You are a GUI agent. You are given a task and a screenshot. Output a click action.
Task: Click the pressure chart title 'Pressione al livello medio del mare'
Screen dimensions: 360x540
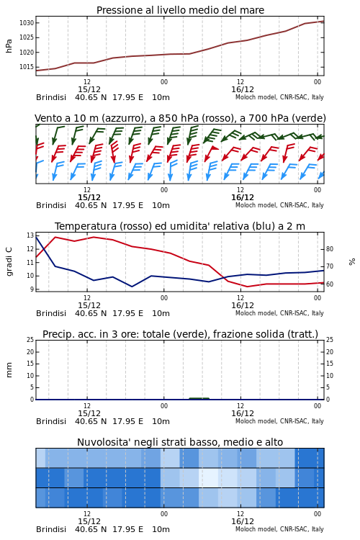point(180,10)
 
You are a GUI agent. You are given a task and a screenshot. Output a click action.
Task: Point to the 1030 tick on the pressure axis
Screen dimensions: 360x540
point(27,23)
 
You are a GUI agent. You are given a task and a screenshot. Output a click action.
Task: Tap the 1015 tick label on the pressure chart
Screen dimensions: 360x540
point(27,67)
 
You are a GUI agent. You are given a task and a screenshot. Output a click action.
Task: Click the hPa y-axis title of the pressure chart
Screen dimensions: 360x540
point(9,46)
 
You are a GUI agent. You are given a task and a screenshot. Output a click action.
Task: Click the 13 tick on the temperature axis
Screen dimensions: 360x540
point(30,235)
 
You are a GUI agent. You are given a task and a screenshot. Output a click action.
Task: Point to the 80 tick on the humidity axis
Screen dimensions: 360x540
point(330,249)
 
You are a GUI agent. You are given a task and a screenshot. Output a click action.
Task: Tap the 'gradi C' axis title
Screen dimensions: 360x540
point(9,262)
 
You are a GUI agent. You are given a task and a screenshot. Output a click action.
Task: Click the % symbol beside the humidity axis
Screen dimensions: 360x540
point(352,262)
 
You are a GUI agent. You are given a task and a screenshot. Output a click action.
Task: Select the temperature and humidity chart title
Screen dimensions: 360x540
point(180,226)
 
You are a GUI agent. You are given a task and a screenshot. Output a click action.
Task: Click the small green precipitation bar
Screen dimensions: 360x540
point(199,398)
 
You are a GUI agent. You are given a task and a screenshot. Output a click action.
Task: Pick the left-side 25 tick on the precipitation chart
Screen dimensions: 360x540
point(30,340)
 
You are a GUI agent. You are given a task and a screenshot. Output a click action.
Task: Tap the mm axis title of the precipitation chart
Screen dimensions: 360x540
point(9,370)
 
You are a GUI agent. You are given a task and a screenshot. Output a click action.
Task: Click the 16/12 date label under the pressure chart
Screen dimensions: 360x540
point(243,89)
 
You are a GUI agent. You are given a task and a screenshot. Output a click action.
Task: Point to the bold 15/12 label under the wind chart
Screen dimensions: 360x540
point(89,197)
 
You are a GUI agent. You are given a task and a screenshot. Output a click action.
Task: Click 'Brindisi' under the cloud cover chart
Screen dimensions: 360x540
point(51,529)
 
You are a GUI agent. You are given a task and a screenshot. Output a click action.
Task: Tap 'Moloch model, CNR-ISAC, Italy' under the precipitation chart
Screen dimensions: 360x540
point(279,421)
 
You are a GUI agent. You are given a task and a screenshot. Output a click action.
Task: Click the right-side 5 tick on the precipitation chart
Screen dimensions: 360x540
point(328,387)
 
